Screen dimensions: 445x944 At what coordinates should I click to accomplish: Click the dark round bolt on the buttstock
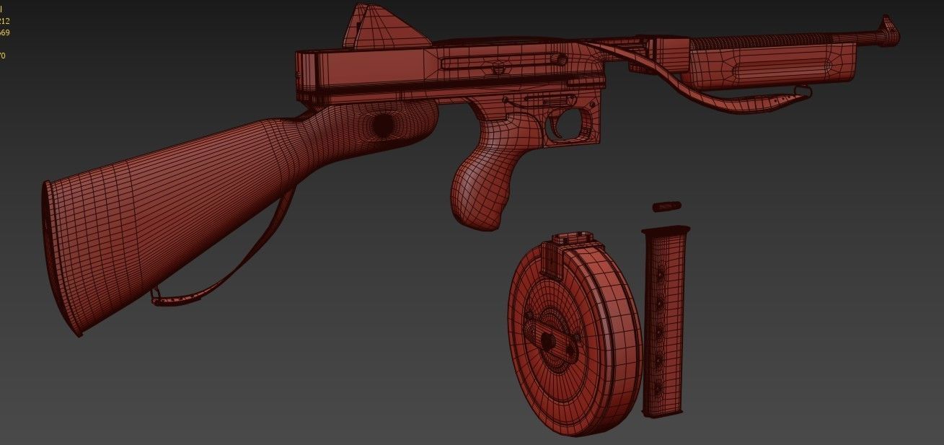382,125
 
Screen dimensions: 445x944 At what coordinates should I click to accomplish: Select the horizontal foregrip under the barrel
772,64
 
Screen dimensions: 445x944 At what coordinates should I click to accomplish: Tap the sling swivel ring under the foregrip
801,91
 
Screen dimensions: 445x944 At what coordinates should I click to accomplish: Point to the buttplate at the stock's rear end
59,260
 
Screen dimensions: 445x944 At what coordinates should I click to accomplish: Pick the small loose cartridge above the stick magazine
666,208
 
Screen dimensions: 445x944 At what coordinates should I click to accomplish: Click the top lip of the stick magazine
666,231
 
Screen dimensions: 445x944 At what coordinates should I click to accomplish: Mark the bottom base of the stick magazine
662,413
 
